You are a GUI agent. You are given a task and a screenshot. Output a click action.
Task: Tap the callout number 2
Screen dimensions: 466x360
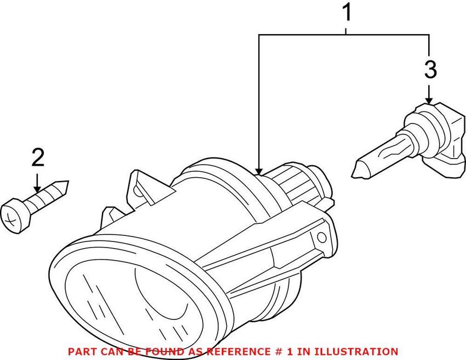(x=38, y=157)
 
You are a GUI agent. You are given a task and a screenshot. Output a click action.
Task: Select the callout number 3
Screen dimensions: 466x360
(x=430, y=70)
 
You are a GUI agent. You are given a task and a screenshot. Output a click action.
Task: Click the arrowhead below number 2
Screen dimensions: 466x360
(x=37, y=189)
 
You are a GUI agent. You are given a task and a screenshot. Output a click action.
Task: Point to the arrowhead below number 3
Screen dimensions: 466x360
(x=429, y=100)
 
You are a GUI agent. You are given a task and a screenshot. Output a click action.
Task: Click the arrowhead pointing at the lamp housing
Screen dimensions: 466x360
(x=259, y=171)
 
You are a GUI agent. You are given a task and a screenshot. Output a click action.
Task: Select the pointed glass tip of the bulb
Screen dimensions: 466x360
(x=358, y=170)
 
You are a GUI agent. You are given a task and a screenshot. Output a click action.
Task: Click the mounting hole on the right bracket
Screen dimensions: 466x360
(x=321, y=238)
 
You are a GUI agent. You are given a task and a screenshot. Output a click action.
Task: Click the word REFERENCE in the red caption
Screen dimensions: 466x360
(x=237, y=352)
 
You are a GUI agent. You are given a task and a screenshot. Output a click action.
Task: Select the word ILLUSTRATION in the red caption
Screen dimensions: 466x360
(x=356, y=352)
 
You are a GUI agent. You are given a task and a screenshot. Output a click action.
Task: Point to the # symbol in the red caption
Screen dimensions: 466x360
(x=276, y=352)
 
